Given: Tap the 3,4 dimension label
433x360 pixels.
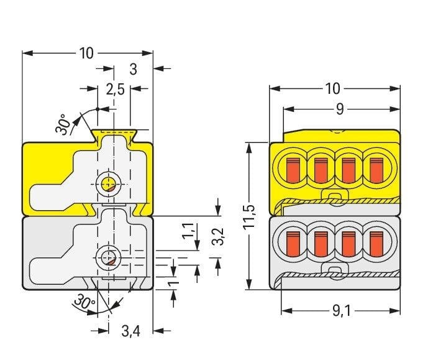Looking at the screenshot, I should [x=130, y=331].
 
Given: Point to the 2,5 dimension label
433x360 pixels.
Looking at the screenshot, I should [x=115, y=90].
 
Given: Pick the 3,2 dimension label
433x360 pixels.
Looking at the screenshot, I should [x=218, y=236].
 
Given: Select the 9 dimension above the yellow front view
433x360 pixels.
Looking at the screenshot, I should [x=340, y=109].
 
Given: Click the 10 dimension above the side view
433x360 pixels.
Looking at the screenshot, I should [x=86, y=53].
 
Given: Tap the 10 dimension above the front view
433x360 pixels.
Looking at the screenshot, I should [x=333, y=88].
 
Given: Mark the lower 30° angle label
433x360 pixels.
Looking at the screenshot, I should [x=83, y=304].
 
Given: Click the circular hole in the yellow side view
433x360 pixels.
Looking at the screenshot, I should [x=109, y=184].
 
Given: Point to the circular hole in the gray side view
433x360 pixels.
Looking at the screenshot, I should [x=109, y=257].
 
